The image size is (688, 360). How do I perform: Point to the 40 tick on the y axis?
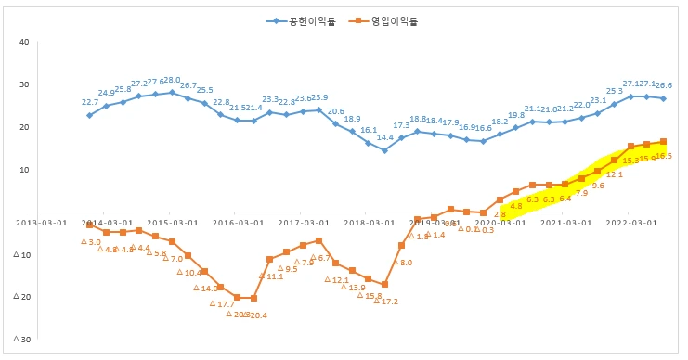[x=24, y=42]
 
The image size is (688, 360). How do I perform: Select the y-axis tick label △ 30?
[x=21, y=340]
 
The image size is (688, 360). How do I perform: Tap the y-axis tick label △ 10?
[x=21, y=254]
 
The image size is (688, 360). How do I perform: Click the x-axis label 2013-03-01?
[x=40, y=223]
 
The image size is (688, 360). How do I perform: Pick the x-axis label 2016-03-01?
[x=237, y=223]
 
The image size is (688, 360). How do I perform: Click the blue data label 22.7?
[x=90, y=102]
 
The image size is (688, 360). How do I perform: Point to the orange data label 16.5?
[x=663, y=156]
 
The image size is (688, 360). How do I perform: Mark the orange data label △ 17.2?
[x=385, y=301]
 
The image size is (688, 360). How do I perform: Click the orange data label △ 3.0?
[x=90, y=241]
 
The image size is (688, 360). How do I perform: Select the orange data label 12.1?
[x=615, y=174]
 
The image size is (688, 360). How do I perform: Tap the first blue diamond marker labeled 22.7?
[x=90, y=115]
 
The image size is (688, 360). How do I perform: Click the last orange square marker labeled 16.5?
[x=663, y=142]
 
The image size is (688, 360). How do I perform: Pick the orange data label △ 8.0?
[x=402, y=263]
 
